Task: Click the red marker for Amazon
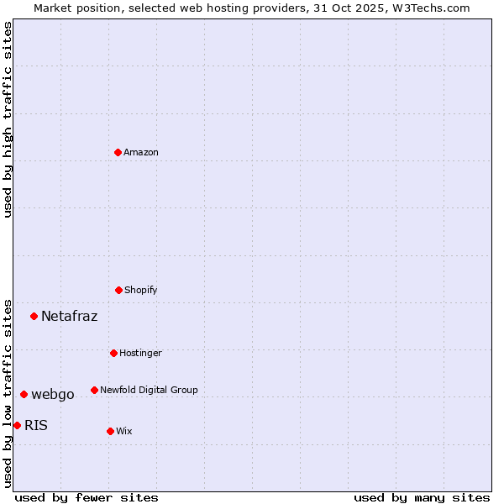[x=118, y=152]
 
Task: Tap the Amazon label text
[x=141, y=153]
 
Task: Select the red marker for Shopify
[x=118, y=290]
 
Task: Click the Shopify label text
[x=141, y=291]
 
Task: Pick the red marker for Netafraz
[x=34, y=316]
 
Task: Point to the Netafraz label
[x=69, y=317]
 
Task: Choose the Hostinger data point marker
[x=113, y=353]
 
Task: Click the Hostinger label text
[x=140, y=354]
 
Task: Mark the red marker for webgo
[x=24, y=394]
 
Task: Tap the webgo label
[x=53, y=395]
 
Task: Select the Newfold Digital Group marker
[x=94, y=390]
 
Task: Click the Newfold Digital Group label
[x=149, y=391]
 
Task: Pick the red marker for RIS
[x=17, y=425]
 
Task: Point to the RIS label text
[x=36, y=426]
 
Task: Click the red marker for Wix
[x=110, y=431]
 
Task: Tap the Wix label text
[x=124, y=432]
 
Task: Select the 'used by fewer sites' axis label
[x=87, y=497]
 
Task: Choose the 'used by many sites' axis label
[x=422, y=497]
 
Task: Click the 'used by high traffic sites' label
[x=8, y=119]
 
